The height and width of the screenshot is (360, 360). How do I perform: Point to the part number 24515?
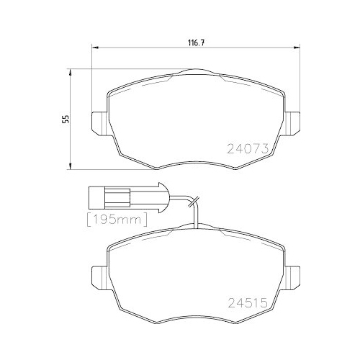click(247, 303)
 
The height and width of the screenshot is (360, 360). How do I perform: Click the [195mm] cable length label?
click(117, 217)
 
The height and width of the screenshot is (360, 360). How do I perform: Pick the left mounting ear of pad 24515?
click(98, 275)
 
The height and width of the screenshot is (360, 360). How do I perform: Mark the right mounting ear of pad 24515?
click(292, 275)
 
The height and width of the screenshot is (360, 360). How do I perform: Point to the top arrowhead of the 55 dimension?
click(70, 71)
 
